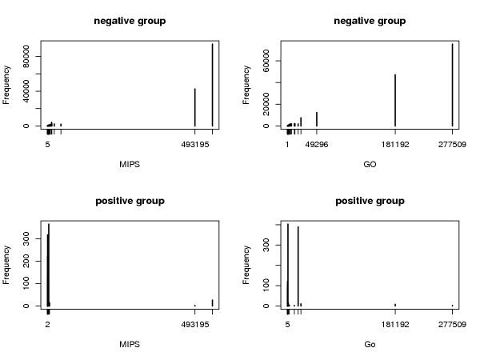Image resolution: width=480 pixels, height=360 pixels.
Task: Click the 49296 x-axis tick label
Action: (x=317, y=145)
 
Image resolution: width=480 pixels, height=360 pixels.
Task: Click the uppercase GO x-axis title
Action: (x=370, y=164)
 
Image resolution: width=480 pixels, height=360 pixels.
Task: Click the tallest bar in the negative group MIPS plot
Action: (x=212, y=84)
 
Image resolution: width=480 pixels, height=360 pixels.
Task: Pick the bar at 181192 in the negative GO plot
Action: (x=395, y=100)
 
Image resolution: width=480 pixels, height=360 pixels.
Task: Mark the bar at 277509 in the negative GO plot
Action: (x=452, y=84)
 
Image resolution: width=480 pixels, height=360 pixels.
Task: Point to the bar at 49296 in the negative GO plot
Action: (x=317, y=118)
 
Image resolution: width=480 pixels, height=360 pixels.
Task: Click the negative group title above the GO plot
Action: (x=370, y=21)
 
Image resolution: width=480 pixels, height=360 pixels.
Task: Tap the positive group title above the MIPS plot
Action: (x=130, y=201)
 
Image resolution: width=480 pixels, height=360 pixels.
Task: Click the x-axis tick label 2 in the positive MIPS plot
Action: (x=48, y=325)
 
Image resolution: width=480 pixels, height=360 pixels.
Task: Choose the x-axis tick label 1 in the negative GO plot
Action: (x=287, y=145)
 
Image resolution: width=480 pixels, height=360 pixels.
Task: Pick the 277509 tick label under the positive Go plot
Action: (x=452, y=325)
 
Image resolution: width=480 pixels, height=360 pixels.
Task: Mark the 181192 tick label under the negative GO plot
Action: (x=395, y=145)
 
